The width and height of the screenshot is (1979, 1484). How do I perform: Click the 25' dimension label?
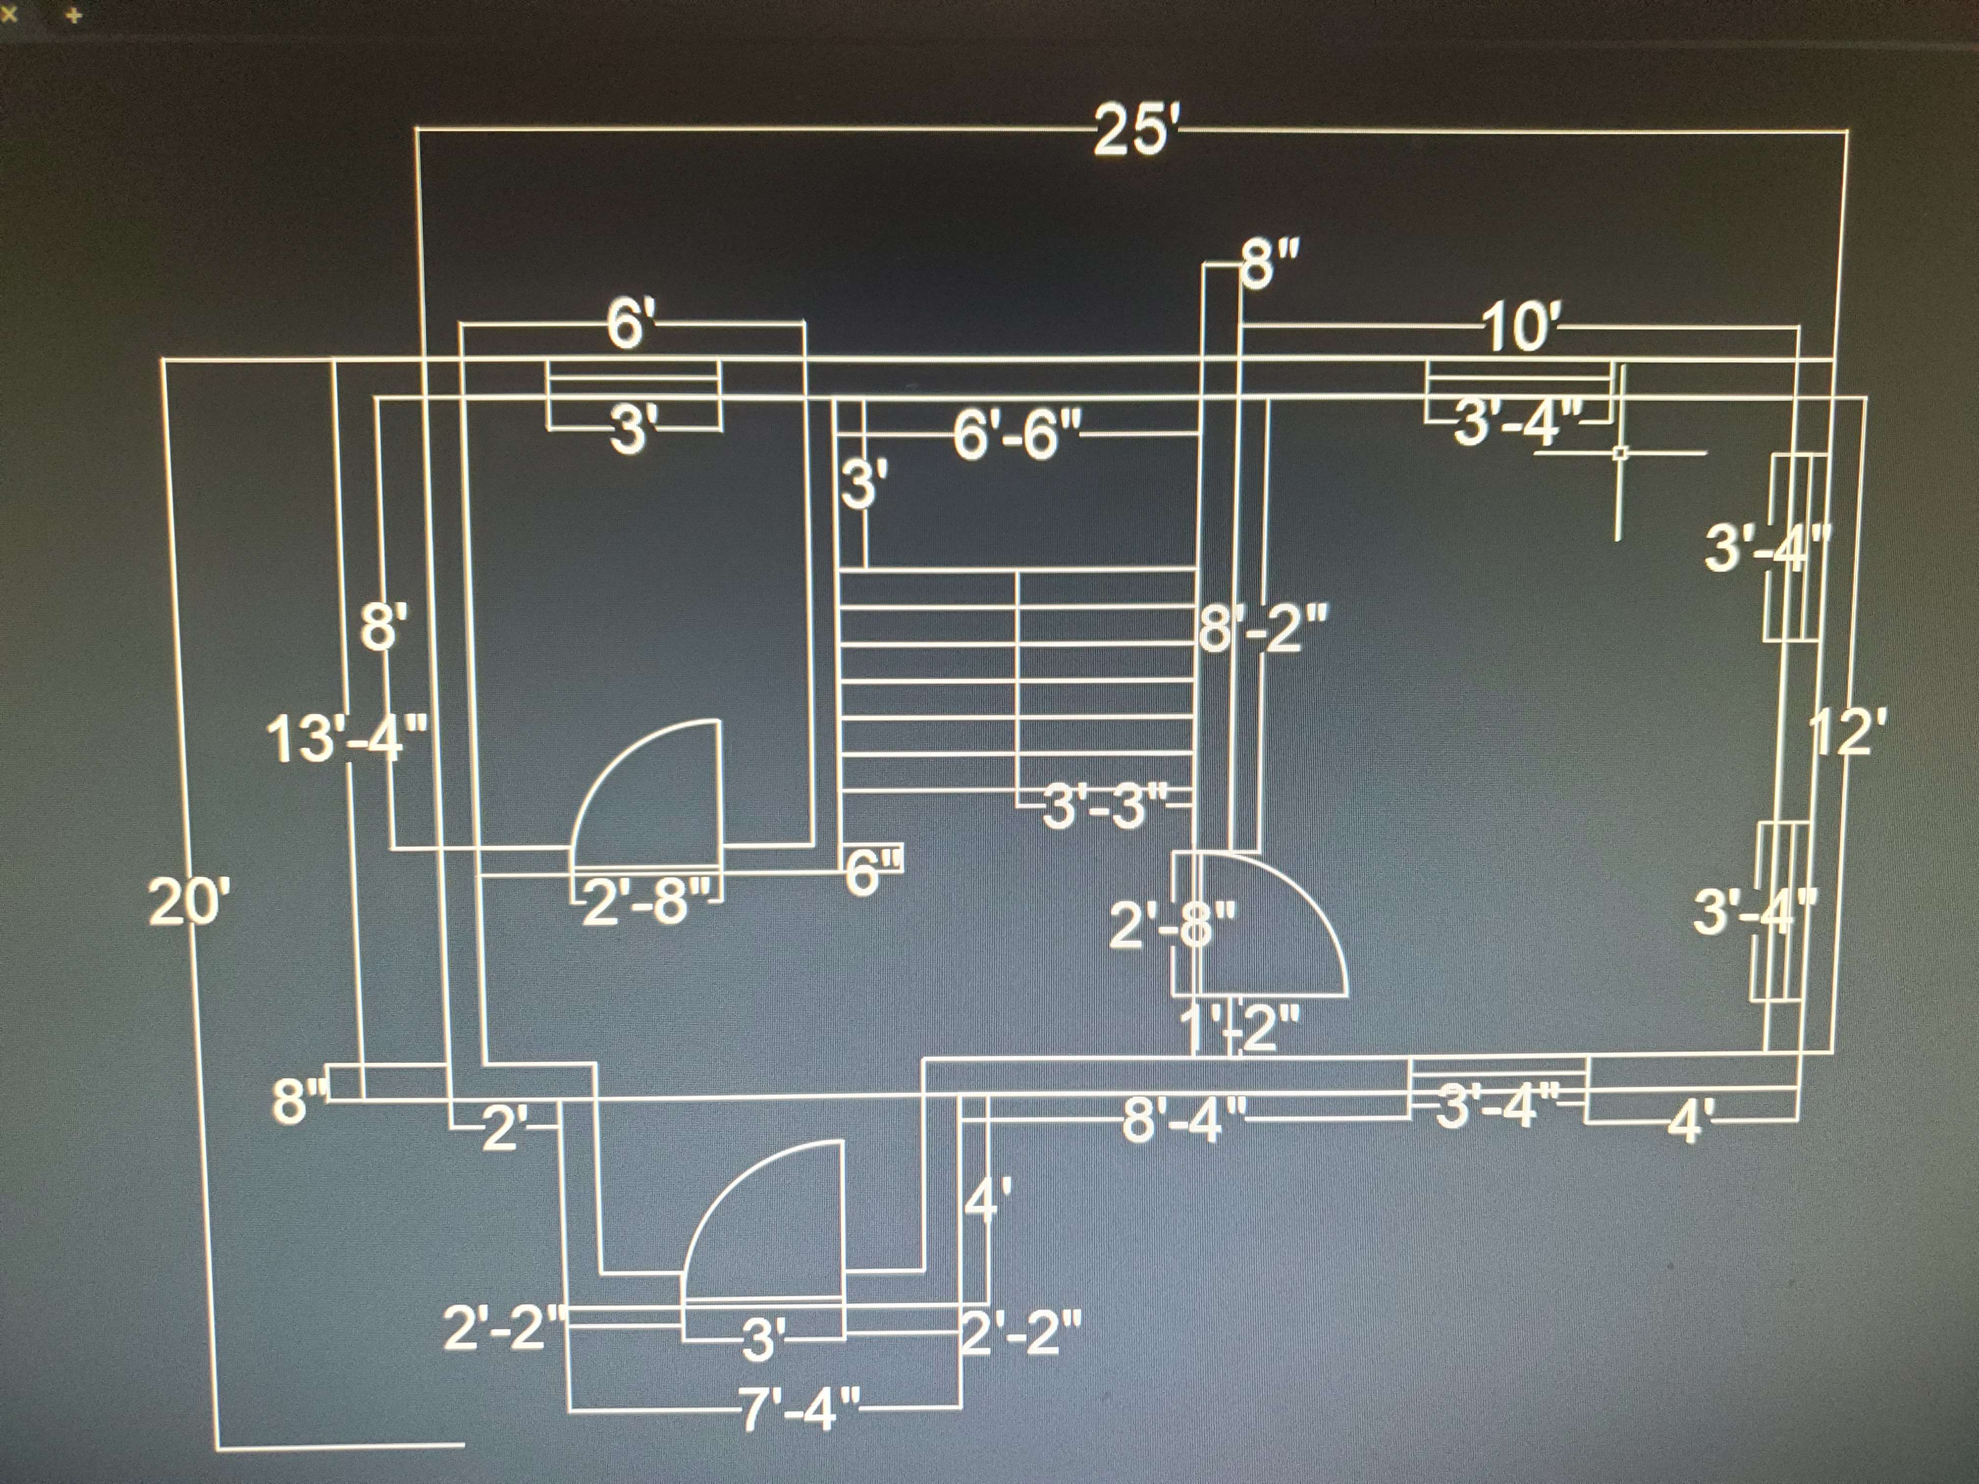(x=1134, y=132)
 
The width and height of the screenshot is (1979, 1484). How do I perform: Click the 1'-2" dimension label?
(x=1240, y=1029)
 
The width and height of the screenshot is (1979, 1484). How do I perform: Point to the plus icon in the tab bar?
(x=74, y=15)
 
